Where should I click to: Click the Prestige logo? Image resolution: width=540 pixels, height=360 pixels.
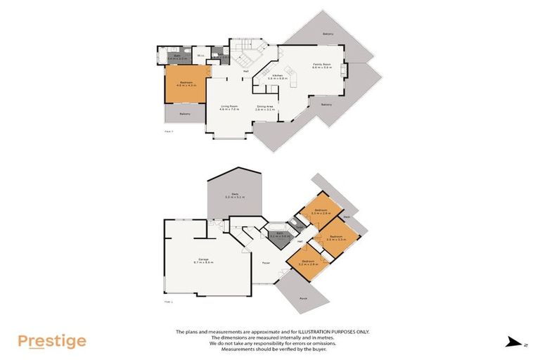(52, 341)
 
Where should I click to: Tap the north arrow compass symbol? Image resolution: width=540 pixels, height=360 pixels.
(511, 342)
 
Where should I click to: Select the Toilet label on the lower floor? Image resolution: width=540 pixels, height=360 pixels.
(300, 227)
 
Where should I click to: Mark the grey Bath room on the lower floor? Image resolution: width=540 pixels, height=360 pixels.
(278, 236)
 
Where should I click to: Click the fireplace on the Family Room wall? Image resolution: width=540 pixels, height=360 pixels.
(344, 69)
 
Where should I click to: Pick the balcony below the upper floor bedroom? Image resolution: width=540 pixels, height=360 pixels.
(185, 114)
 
